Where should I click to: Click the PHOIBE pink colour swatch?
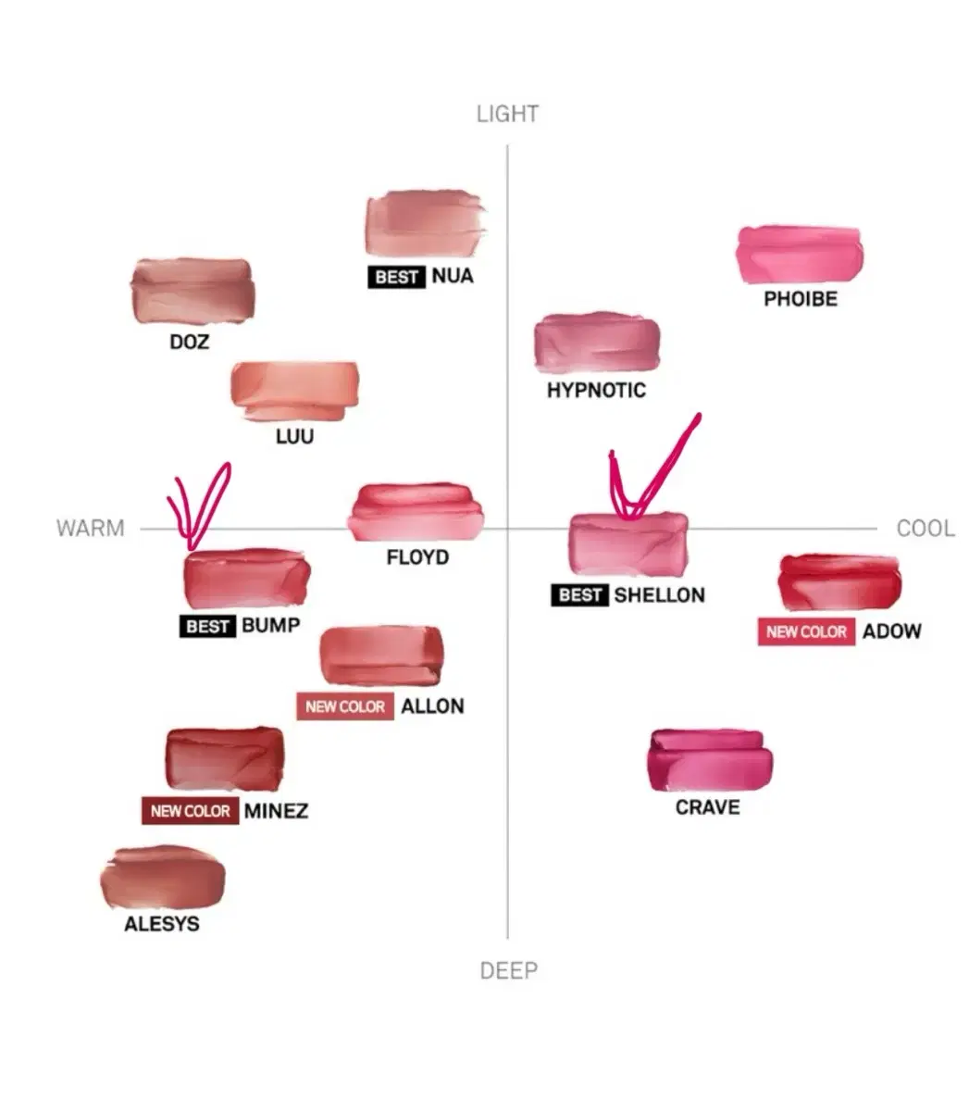coord(799,254)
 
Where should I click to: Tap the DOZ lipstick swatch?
coord(193,291)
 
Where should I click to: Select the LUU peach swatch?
coord(294,391)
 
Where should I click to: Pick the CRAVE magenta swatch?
coord(710,760)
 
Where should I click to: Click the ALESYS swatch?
coord(162,877)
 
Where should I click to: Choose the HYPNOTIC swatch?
coord(597,343)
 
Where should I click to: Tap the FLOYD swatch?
coord(416,513)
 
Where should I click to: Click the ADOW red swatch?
coord(839,582)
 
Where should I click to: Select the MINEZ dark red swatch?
coord(224,759)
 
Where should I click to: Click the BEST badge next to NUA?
coord(396,277)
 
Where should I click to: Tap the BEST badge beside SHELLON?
coord(579,595)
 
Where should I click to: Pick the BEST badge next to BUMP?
coord(207,626)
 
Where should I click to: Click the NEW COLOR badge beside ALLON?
coord(344,706)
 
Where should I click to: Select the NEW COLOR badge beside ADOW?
coord(806,631)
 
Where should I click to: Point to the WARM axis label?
coord(91,528)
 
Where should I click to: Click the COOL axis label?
coord(925,529)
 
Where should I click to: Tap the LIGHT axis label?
coord(507,114)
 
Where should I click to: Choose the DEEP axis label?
coord(509,971)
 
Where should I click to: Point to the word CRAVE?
coord(707,807)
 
